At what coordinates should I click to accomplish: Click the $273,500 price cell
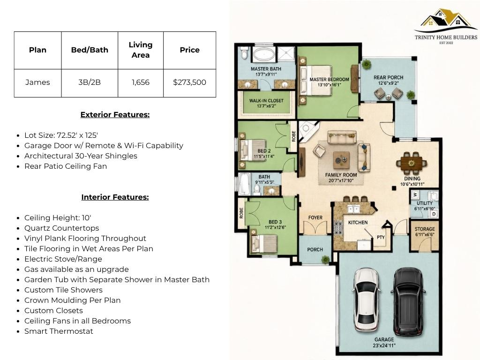pyautogui.click(x=189, y=82)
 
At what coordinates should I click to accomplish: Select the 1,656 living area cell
pyautogui.click(x=141, y=82)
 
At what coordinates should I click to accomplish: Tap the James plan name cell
pyautogui.click(x=37, y=82)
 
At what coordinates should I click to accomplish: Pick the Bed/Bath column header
pyautogui.click(x=90, y=50)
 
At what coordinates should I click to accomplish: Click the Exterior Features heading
pyautogui.click(x=115, y=114)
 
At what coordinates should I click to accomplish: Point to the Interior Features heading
pyautogui.click(x=115, y=197)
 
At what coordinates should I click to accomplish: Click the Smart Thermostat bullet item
pyautogui.click(x=59, y=331)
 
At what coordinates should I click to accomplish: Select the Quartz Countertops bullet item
pyautogui.click(x=62, y=228)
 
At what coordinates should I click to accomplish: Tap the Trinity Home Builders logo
pyautogui.click(x=446, y=27)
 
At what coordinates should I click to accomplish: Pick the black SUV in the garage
pyautogui.click(x=409, y=301)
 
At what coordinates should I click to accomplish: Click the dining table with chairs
pyautogui.click(x=412, y=163)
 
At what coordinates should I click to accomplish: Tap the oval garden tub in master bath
pyautogui.click(x=264, y=55)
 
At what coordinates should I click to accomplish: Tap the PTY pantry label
pyautogui.click(x=381, y=237)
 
